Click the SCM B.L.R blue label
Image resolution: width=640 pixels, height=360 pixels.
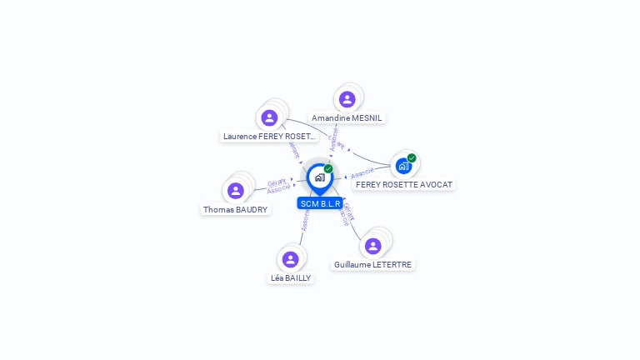pyautogui.click(x=320, y=203)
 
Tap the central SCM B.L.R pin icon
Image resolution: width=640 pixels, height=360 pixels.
pyautogui.click(x=319, y=177)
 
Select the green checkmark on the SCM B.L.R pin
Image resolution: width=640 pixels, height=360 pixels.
pyautogui.click(x=328, y=168)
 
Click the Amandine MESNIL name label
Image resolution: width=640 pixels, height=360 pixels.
pyautogui.click(x=347, y=118)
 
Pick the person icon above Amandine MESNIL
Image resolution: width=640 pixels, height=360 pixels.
pyautogui.click(x=347, y=99)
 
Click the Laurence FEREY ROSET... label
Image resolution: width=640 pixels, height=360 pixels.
pyautogui.click(x=269, y=136)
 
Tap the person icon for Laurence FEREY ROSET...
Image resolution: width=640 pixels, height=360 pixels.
pyautogui.click(x=269, y=117)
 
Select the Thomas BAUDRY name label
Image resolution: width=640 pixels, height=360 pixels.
pyautogui.click(x=236, y=210)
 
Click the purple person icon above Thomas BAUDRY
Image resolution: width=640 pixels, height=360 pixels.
pyautogui.click(x=236, y=191)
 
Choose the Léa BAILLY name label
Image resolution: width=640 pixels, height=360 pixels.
pyautogui.click(x=291, y=278)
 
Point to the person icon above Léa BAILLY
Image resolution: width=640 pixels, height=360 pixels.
pyautogui.click(x=290, y=259)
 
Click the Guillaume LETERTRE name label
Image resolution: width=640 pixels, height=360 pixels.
pyautogui.click(x=372, y=265)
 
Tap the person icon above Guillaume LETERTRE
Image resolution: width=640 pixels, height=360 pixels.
pyautogui.click(x=372, y=246)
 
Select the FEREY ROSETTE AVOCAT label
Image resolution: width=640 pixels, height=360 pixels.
pyautogui.click(x=404, y=184)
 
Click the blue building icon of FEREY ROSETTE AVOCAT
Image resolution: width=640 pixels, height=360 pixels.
pyautogui.click(x=403, y=166)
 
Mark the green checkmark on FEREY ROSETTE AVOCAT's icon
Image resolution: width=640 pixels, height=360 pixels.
pyautogui.click(x=412, y=157)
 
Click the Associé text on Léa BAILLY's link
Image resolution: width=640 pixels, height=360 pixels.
pyautogui.click(x=306, y=220)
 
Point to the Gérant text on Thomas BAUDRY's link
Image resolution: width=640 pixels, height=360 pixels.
pyautogui.click(x=277, y=182)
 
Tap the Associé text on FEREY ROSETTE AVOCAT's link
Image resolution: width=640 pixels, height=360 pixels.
pyautogui.click(x=362, y=173)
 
